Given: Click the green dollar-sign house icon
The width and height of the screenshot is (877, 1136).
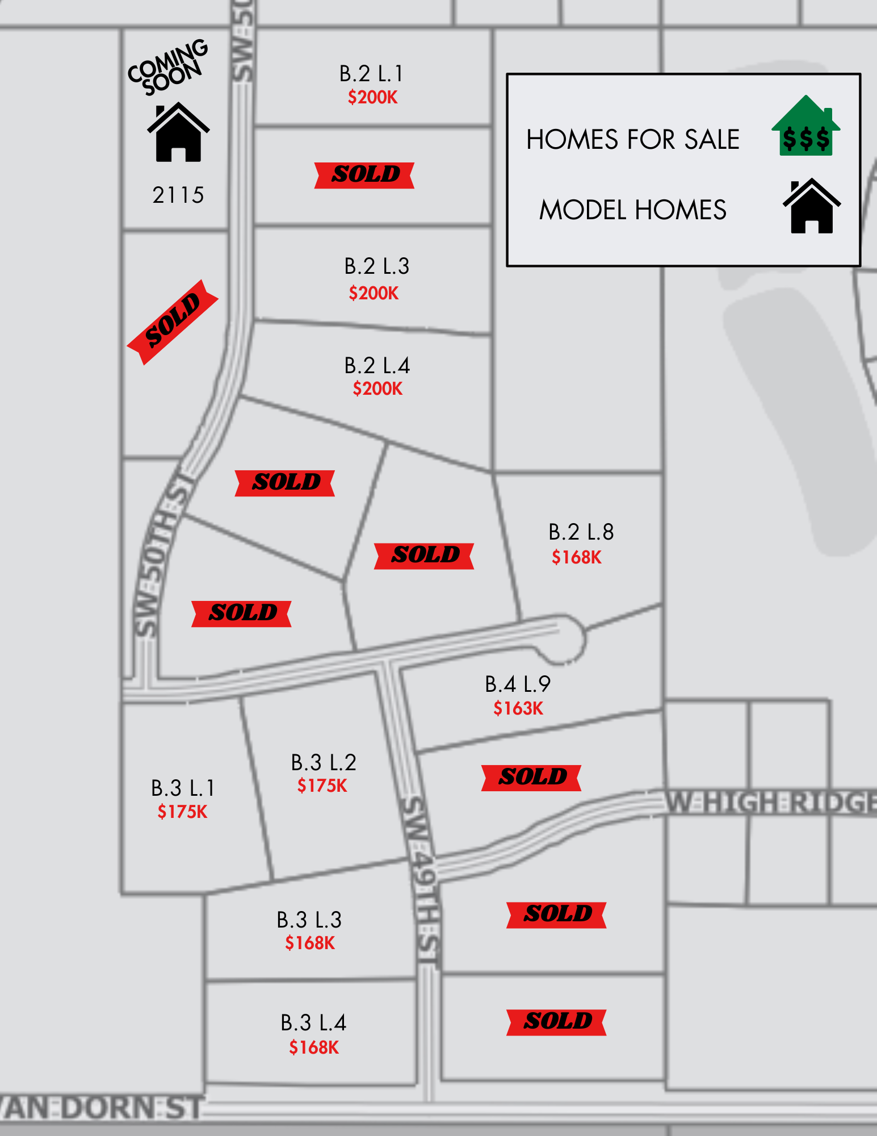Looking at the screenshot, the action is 805,127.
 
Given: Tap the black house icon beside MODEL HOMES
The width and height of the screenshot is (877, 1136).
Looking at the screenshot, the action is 812,206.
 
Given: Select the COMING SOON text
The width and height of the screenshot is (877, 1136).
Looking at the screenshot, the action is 167,67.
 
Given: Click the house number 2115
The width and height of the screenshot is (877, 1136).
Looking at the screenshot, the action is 178,195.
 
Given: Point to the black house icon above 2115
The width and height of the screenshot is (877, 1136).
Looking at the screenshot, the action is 178,132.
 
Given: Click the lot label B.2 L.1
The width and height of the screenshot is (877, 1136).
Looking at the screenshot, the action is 371,74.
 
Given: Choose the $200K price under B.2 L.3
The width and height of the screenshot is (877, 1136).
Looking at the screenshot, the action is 374,293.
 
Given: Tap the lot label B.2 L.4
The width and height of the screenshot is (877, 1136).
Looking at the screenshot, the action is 377,366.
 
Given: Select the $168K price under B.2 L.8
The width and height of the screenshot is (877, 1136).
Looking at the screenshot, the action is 576,557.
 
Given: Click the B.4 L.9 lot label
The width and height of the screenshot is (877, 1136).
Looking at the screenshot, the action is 518,684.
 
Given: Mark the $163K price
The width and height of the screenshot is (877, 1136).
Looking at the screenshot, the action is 518,708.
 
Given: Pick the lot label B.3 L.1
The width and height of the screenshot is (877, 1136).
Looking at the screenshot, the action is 183,788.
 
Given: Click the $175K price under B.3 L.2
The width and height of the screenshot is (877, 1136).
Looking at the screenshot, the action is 322,786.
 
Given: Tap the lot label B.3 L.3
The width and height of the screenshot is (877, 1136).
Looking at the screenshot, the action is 309,920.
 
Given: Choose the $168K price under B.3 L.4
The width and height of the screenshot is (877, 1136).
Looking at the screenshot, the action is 314,1047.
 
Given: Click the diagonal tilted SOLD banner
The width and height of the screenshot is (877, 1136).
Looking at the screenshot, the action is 173,321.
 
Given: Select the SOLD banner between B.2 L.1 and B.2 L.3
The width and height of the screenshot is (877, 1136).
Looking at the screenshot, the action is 364,175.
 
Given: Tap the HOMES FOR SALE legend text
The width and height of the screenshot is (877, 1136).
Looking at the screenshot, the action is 633,140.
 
